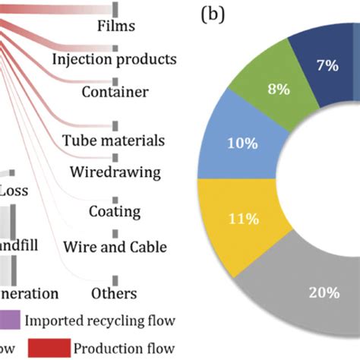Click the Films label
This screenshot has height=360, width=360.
click(116, 27)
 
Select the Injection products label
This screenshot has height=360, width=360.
click(115, 58)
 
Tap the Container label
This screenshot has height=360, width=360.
click(114, 92)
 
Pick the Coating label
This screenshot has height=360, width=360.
click(114, 210)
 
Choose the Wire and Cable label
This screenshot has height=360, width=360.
click(114, 247)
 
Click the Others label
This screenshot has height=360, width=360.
click(114, 293)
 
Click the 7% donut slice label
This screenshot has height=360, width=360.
click(327, 66)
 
